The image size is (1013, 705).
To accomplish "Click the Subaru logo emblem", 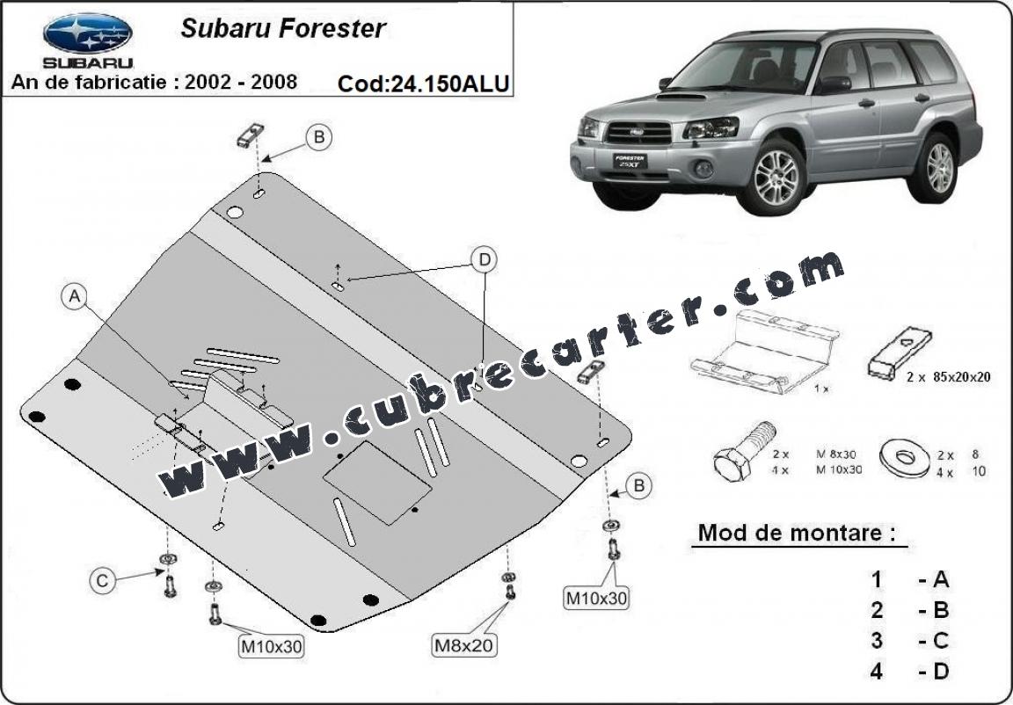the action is click(x=88, y=33).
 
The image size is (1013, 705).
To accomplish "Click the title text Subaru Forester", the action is click(x=283, y=28).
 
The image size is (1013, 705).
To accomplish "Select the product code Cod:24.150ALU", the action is click(x=423, y=84).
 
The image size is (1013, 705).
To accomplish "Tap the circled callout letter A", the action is click(x=75, y=296).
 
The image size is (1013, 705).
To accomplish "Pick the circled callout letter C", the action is click(x=102, y=581).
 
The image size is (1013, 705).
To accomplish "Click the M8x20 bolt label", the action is click(x=463, y=644).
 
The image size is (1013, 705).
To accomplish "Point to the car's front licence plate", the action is click(x=630, y=161).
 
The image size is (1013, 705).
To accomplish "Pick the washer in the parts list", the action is click(x=906, y=458).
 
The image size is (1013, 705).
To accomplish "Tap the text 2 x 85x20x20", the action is click(x=949, y=377).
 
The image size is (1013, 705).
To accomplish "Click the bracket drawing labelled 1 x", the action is click(x=764, y=352).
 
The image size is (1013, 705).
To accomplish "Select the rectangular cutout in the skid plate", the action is click(x=377, y=483).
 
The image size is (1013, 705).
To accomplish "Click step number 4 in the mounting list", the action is click(x=876, y=672).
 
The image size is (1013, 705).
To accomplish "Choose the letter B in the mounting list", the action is click(x=941, y=610).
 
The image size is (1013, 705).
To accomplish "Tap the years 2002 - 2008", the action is click(x=241, y=82).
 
